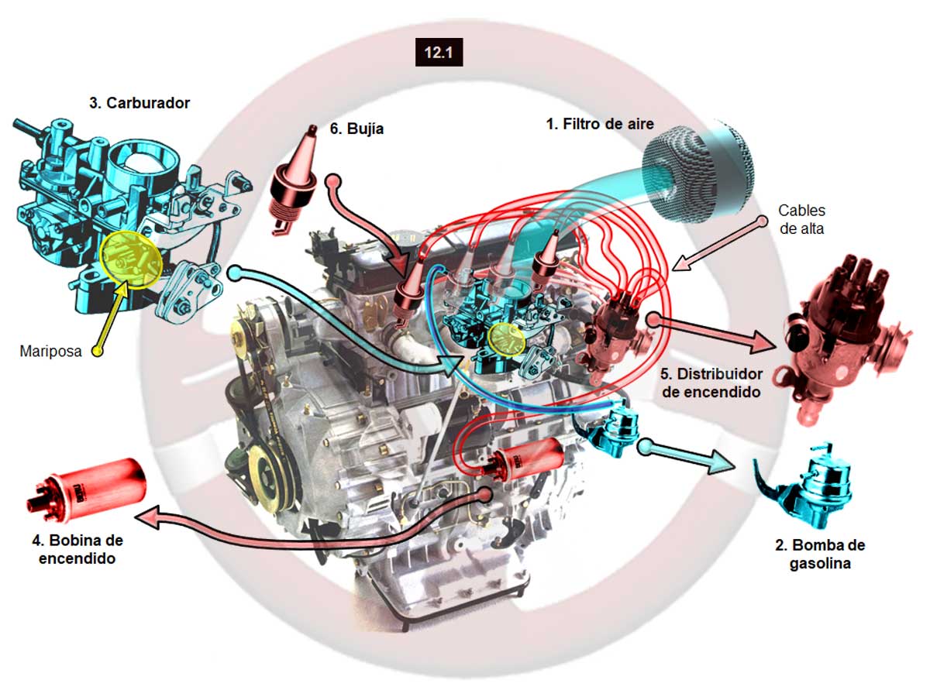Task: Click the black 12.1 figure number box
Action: coord(439,53)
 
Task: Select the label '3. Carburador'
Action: coord(139,103)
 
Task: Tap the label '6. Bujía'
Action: coord(356,129)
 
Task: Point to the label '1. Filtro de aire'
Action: coord(600,123)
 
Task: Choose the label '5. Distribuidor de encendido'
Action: coord(711,382)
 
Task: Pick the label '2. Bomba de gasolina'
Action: coord(820,554)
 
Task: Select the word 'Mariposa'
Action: coord(51,351)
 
